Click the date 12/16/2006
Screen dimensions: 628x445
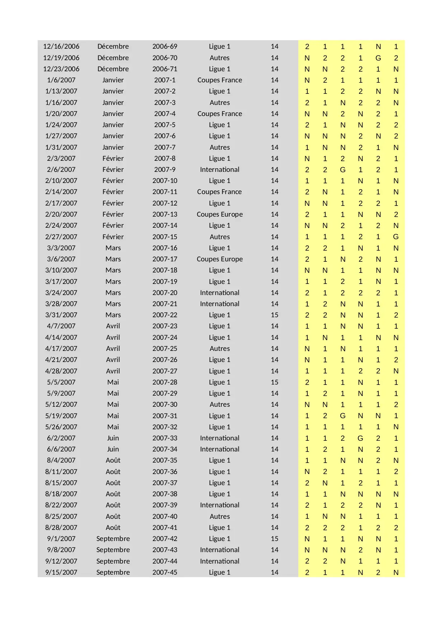click(x=61, y=47)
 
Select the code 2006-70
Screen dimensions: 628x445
click(x=165, y=58)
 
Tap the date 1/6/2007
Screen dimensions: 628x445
click(x=61, y=80)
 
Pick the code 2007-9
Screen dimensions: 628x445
click(x=165, y=170)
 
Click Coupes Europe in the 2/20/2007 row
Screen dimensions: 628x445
click(x=219, y=214)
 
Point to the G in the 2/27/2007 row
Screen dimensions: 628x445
click(x=396, y=237)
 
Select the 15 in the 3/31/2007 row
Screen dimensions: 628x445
click(x=274, y=315)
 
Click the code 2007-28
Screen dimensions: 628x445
click(x=165, y=382)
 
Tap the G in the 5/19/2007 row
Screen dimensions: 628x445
click(x=342, y=416)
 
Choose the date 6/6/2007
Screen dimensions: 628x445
click(x=61, y=449)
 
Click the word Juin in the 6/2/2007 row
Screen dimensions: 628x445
click(x=113, y=438)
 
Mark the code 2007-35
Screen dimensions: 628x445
click(x=165, y=460)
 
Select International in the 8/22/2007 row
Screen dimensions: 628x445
click(x=219, y=505)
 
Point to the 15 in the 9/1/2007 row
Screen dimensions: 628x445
click(x=274, y=539)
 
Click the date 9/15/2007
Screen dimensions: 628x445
click(x=61, y=573)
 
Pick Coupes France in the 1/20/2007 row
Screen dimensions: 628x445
click(x=219, y=114)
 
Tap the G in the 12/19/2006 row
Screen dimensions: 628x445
click(x=378, y=58)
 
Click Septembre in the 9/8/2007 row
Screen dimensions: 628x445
click(x=113, y=550)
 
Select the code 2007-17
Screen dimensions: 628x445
click(x=165, y=259)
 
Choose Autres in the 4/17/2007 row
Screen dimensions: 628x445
click(x=219, y=349)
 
